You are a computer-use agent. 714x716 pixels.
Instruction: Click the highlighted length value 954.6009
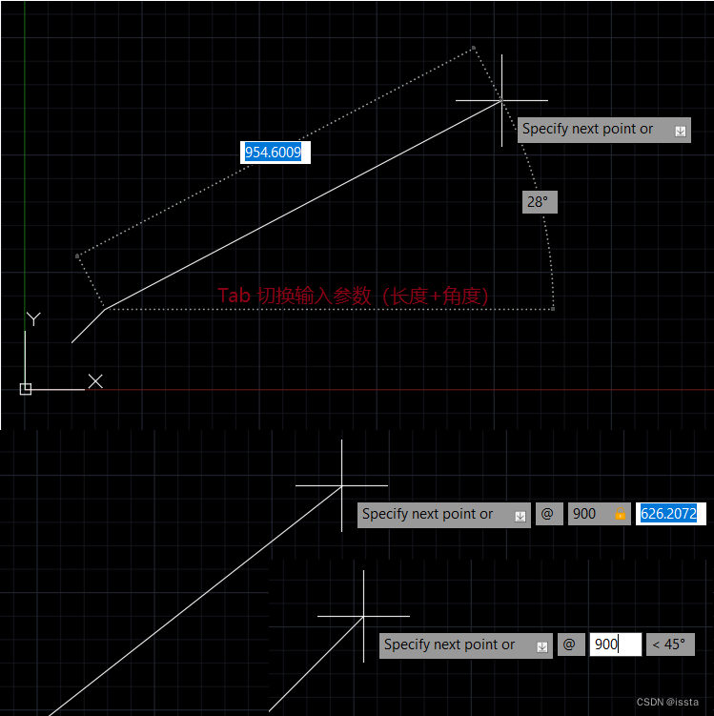pyautogui.click(x=274, y=152)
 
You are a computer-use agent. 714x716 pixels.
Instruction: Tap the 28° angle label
pyautogui.click(x=539, y=202)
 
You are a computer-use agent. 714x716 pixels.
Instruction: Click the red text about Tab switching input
pyautogui.click(x=354, y=296)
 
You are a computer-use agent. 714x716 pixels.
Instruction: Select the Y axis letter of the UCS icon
pyautogui.click(x=33, y=318)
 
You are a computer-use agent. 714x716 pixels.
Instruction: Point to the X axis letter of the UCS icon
pyautogui.click(x=95, y=381)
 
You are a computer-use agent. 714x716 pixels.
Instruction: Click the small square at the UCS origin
pyautogui.click(x=26, y=389)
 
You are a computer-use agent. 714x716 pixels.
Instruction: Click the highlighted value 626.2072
pyautogui.click(x=669, y=514)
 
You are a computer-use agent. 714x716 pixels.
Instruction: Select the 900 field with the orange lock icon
pyautogui.click(x=586, y=514)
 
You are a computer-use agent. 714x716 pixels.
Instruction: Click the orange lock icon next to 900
pyautogui.click(x=620, y=515)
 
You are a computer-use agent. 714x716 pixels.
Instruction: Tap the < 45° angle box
pyautogui.click(x=669, y=644)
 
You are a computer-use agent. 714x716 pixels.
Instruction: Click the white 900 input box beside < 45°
pyautogui.click(x=614, y=644)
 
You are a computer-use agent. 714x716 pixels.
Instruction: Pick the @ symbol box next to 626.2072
pyautogui.click(x=547, y=514)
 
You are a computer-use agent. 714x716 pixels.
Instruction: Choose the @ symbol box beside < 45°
pyautogui.click(x=569, y=644)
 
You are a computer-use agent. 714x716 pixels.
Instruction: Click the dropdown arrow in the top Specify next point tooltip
pyautogui.click(x=680, y=131)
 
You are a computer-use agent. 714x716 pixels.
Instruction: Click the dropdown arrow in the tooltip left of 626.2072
pyautogui.click(x=520, y=516)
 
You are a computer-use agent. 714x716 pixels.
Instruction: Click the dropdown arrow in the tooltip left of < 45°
pyautogui.click(x=541, y=646)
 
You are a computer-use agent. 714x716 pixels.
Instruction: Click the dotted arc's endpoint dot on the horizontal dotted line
pyautogui.click(x=553, y=309)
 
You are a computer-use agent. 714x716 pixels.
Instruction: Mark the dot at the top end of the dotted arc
pyautogui.click(x=473, y=48)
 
